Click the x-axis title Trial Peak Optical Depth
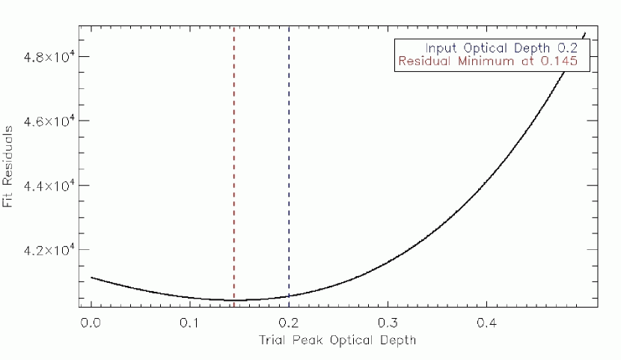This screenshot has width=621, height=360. [x=337, y=340]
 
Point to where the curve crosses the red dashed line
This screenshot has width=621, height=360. [x=234, y=300]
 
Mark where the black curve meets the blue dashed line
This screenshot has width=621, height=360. [x=289, y=296]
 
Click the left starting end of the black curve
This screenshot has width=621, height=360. [x=91, y=278]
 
